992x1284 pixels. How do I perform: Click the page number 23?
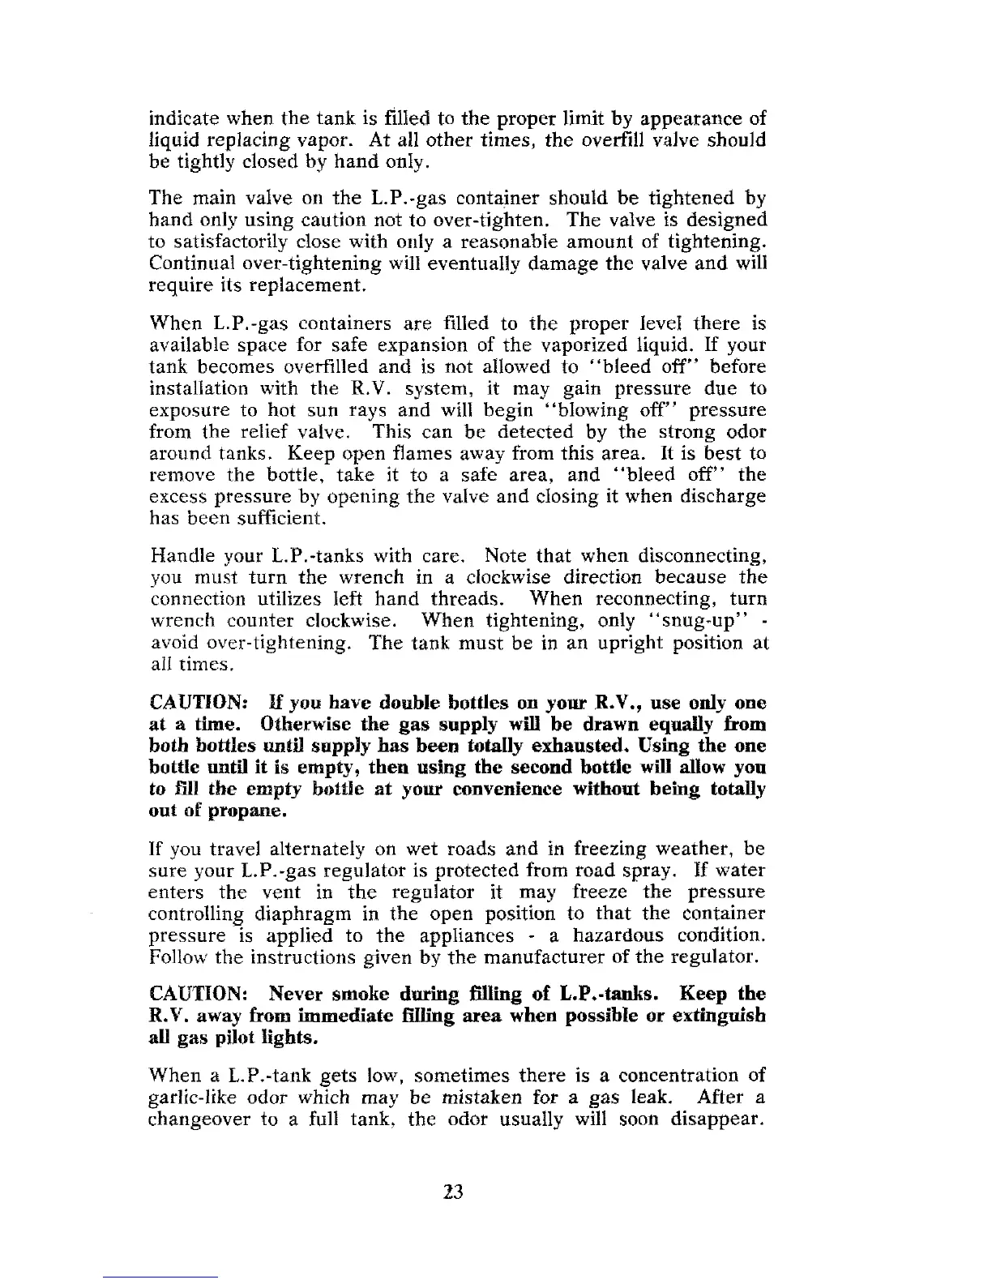pos(453,1191)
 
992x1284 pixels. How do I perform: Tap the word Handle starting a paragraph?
pos(180,556)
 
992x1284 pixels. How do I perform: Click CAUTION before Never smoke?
pos(198,994)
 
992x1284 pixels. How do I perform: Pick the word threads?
pos(466,599)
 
